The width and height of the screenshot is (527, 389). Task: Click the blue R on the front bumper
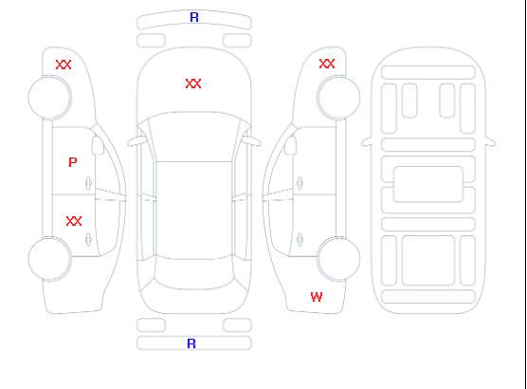pos(194,17)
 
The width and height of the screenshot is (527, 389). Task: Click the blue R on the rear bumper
pos(191,343)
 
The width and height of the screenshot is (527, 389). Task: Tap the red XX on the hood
pos(193,83)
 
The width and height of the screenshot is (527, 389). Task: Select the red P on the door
pos(73,162)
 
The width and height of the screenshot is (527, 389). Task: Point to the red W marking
pos(317,297)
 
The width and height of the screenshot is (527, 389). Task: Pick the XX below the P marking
pos(74,221)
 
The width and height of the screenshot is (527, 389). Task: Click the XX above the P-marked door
pos(64,65)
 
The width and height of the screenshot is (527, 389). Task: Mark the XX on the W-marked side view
pos(327,64)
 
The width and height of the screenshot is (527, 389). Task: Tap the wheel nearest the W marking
pos(338,259)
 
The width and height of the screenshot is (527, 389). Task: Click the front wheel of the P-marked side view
pos(49,98)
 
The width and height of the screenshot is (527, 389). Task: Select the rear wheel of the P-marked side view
pos(49,259)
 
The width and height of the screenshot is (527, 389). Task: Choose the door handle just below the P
pos(88,183)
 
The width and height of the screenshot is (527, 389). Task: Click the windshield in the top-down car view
pos(194,137)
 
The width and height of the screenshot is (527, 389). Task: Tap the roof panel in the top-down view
pos(194,211)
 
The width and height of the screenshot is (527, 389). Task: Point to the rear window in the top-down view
pos(194,273)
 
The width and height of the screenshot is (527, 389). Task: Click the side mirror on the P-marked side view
pos(98,145)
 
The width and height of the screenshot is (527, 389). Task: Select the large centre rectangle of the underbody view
pos(428,184)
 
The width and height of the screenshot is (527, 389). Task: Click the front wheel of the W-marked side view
pos(338,98)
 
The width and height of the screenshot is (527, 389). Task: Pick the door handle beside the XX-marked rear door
pos(88,239)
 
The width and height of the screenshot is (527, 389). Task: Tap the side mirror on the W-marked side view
pos(291,145)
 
